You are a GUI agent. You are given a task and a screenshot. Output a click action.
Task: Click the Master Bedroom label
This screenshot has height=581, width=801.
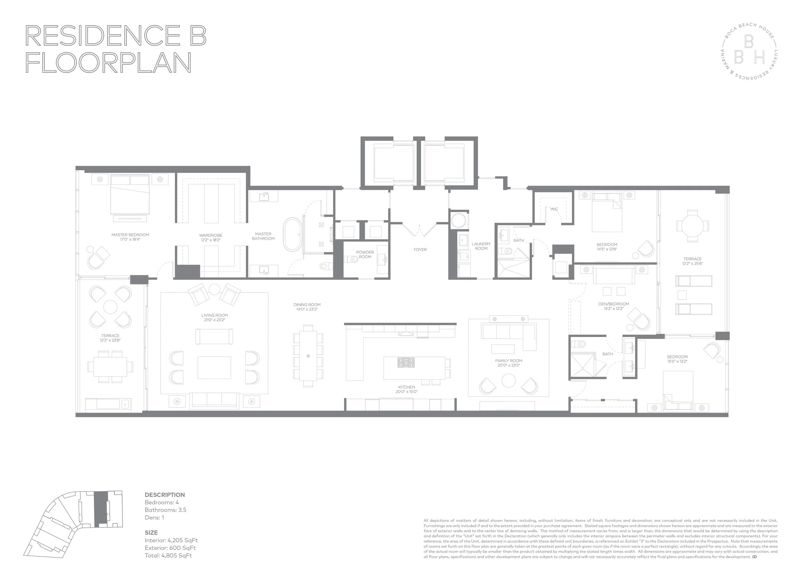coord(130,235)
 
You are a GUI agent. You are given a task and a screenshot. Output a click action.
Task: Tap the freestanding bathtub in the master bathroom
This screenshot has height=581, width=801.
coord(293,235)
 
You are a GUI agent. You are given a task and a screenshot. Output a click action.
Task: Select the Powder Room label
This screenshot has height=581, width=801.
coord(365,255)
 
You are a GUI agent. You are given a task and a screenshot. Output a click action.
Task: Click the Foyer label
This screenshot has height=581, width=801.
coord(420,249)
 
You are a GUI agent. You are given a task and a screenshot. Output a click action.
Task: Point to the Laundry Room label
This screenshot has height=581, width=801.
coord(481,246)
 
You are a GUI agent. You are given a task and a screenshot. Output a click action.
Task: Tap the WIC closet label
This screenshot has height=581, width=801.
coord(554,209)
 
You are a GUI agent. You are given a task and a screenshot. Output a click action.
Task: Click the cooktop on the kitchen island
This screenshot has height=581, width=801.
coord(406,362)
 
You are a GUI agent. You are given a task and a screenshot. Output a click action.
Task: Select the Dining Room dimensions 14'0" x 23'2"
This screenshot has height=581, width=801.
coord(307,309)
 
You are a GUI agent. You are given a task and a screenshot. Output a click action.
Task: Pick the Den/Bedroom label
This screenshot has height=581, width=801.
coord(614,304)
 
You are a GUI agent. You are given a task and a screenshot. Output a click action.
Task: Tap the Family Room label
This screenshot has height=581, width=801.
coord(508,361)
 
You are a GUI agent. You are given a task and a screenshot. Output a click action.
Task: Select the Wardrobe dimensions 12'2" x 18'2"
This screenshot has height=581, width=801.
coord(211,240)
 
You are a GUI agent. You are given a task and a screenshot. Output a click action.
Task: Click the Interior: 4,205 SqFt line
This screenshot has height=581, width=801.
coord(171,540)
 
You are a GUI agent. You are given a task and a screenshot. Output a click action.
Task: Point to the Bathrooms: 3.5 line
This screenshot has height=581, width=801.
coord(165,510)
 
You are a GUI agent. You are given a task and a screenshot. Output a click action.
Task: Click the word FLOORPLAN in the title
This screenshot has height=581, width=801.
coord(108,63)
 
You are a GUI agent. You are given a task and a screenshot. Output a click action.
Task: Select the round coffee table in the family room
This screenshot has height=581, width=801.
coord(508,381)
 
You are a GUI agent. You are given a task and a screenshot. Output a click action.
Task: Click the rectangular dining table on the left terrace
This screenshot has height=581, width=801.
coord(110,366)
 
